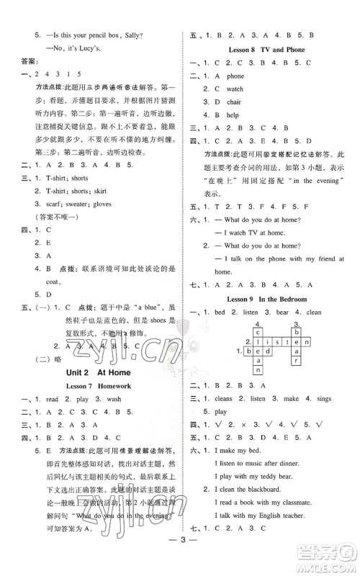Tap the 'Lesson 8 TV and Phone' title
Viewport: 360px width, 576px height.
(266, 50)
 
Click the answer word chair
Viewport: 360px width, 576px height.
(235, 102)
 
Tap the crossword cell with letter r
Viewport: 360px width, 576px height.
(295, 361)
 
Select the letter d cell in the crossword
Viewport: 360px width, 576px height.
(268, 351)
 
